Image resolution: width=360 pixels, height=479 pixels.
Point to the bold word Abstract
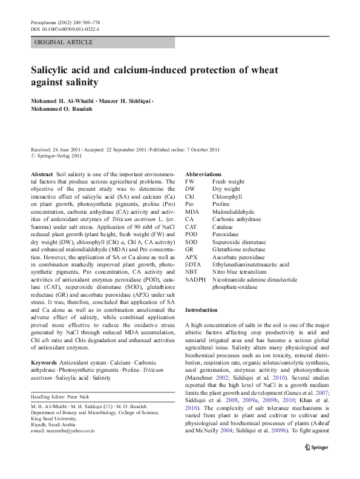point(41,174)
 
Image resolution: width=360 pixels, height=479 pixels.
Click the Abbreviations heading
point(203,174)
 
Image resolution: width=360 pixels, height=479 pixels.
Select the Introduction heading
point(201,309)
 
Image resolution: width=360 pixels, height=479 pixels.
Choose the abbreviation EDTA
point(193,264)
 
